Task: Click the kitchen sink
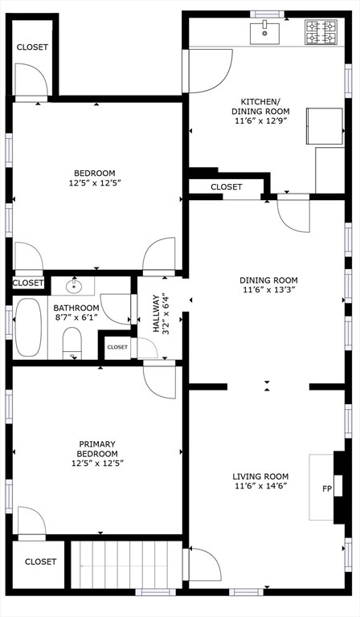(x=265, y=34)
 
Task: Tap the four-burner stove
(x=321, y=32)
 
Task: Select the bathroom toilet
(x=72, y=343)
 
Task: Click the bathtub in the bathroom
(x=28, y=328)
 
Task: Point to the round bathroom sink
(x=73, y=286)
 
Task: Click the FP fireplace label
(x=327, y=489)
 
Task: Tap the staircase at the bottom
(x=126, y=565)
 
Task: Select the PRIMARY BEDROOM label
(x=97, y=449)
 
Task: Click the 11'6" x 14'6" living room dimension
(x=260, y=486)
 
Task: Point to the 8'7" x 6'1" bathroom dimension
(x=76, y=317)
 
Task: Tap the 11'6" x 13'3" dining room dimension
(x=268, y=290)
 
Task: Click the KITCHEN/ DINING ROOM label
(x=260, y=106)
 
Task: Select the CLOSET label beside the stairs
(x=40, y=562)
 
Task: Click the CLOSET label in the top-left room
(x=32, y=47)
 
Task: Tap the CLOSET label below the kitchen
(x=227, y=187)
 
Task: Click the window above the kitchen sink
(x=268, y=14)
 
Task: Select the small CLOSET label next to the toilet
(x=117, y=347)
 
